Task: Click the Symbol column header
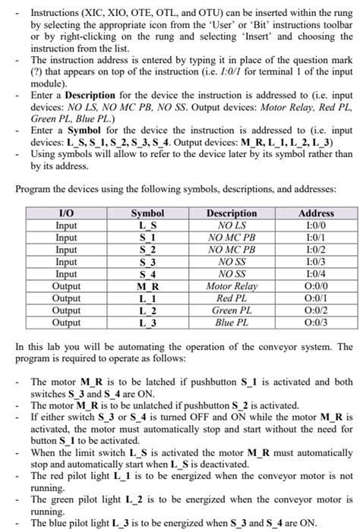(x=147, y=215)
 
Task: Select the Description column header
(x=232, y=215)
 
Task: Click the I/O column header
(x=66, y=215)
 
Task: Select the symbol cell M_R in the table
(x=147, y=287)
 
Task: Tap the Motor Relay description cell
(x=232, y=287)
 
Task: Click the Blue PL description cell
(x=232, y=323)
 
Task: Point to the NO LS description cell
(x=232, y=226)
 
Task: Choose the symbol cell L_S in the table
(x=147, y=226)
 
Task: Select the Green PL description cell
(x=232, y=310)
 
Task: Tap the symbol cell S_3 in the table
(x=147, y=263)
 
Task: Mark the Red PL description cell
(x=232, y=298)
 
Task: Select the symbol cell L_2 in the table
(x=147, y=310)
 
